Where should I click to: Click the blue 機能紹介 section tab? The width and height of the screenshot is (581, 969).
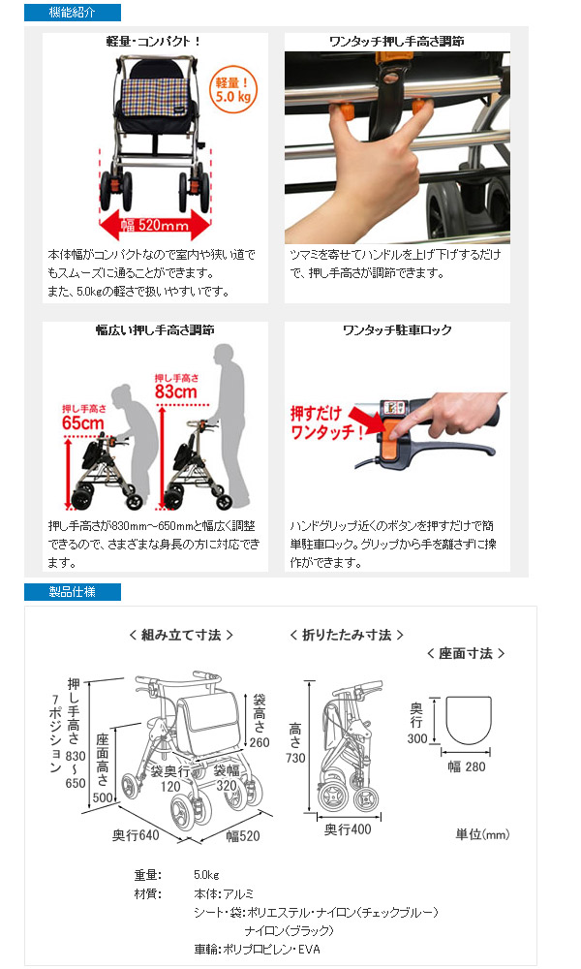point(72,13)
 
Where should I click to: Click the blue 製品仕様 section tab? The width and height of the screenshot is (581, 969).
point(72,591)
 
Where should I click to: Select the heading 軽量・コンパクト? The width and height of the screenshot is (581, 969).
point(155,42)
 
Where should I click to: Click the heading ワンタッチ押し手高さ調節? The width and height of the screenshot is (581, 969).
point(397,42)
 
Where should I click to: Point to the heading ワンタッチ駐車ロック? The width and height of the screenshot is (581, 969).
point(397,330)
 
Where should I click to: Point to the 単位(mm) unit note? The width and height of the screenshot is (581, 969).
point(481,833)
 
